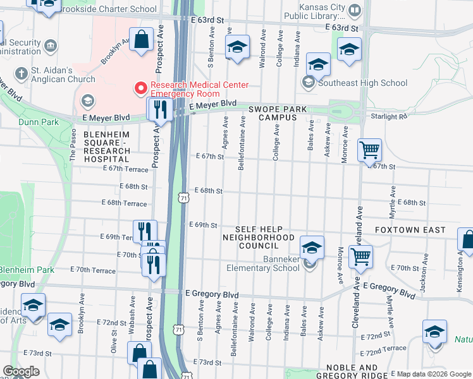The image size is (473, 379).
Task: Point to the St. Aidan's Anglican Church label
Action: point(63,75)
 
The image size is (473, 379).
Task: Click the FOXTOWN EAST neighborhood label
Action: point(410,230)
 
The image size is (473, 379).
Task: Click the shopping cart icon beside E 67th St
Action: point(369,150)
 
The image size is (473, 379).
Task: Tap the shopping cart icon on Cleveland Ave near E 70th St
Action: point(360,256)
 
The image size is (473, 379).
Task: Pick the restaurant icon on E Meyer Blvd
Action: point(159,110)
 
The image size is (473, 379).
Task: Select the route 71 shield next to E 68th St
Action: point(182,198)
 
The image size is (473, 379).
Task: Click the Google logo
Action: point(21,371)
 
